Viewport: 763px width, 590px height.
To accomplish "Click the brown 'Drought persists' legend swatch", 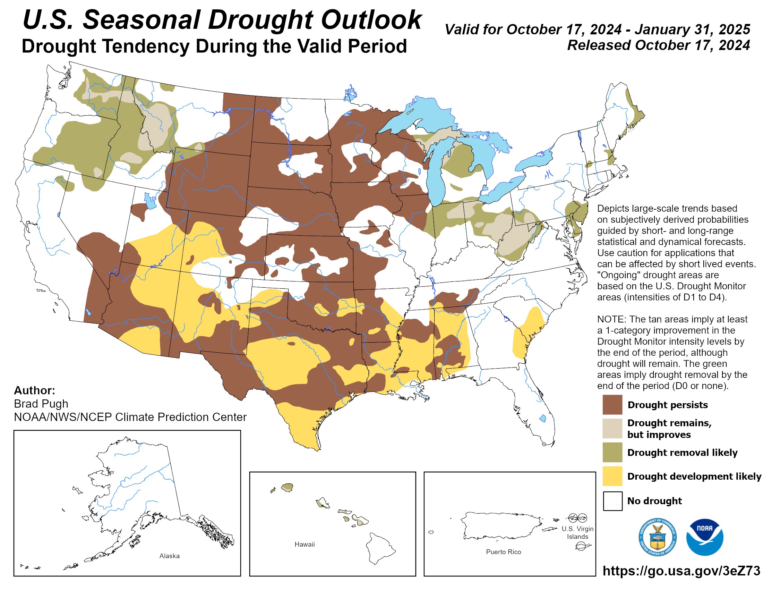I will tap(612, 404).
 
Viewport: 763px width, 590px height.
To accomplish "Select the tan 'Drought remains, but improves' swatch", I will tap(612, 428).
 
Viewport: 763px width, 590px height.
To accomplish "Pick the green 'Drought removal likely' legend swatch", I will tap(612, 452).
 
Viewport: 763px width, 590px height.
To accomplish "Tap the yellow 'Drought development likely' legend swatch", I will tap(612, 476).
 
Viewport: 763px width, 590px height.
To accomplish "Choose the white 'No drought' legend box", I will tap(612, 501).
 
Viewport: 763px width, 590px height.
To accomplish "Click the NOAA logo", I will tap(704, 537).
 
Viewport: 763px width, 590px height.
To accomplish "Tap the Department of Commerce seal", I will tap(658, 537).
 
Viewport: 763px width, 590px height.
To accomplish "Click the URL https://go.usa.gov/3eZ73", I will tap(681, 571).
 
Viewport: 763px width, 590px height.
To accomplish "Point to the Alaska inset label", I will tap(170, 556).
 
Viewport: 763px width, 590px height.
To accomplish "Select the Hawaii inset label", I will tap(304, 544).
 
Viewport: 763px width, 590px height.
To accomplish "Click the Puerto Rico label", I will tap(503, 552).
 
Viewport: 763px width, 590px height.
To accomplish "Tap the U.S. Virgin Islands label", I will tap(577, 533).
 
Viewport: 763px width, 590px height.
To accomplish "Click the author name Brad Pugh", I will tap(41, 404).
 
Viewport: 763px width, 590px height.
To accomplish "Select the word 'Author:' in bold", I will tap(34, 390).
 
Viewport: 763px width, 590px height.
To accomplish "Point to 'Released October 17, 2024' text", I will tap(658, 45).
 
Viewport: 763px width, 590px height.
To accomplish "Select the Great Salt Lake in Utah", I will tap(150, 201).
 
